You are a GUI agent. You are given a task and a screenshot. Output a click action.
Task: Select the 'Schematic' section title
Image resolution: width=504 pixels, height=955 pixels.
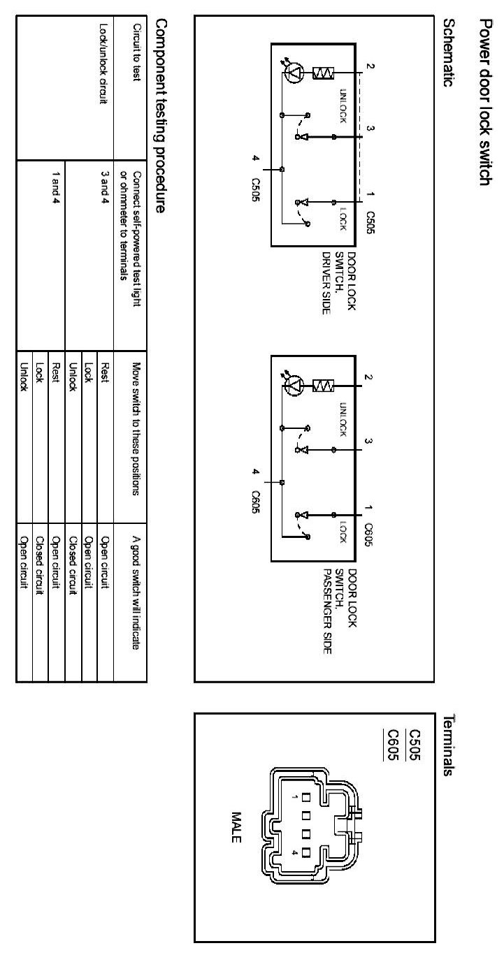click(449, 52)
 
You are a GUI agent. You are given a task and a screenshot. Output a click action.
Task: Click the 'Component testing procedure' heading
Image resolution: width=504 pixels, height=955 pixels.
click(160, 115)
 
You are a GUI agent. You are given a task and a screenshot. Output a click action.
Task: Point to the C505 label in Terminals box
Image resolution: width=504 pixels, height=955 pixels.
click(414, 744)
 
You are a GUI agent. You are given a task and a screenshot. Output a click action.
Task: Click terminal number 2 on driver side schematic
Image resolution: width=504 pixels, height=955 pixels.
click(370, 68)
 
